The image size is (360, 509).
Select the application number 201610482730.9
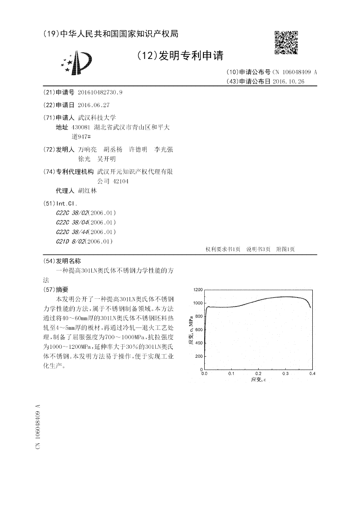tap(100, 92)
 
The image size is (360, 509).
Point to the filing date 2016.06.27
tap(94, 105)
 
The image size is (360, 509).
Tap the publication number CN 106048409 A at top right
tap(294, 72)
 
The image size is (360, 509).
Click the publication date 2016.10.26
tap(288, 81)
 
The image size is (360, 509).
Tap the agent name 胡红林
tap(87, 190)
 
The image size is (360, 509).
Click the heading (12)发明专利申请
tap(180, 55)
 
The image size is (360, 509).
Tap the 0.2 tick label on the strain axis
tap(258, 374)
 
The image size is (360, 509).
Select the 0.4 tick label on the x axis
tap(312, 374)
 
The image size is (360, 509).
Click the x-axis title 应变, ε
tap(259, 381)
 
